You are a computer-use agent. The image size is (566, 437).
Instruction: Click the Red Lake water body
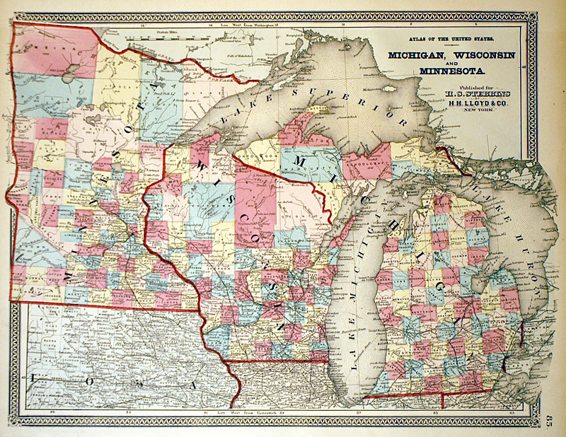(68, 72)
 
